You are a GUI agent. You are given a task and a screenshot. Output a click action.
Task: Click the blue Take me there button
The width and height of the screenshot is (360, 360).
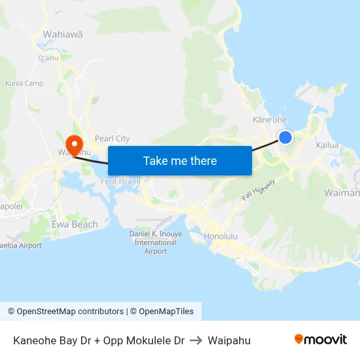pos(180,160)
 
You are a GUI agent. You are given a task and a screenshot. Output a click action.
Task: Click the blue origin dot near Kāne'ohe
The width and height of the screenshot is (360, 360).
pos(285,137)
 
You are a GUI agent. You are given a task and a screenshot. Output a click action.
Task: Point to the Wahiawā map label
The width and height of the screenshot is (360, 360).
pos(62,34)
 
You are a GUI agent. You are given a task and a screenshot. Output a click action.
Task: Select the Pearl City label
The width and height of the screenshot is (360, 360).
pos(113,139)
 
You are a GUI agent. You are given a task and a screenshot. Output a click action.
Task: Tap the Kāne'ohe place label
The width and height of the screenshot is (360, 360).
pos(270,120)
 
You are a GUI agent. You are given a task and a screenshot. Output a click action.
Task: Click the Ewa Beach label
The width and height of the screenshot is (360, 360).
pos(75,225)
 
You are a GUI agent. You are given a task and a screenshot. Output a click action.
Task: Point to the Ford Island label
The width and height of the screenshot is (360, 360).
pos(120,181)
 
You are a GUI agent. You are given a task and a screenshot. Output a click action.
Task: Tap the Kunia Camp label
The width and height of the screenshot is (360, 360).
pos(24,83)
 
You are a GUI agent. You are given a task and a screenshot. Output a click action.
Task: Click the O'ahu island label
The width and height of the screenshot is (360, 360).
pos(48,58)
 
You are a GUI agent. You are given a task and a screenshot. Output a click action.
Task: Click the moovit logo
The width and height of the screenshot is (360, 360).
pos(321,339)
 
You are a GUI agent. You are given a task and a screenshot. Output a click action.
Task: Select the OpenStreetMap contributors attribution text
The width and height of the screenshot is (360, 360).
pos(65,312)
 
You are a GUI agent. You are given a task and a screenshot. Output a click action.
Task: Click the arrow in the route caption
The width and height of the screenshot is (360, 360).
pos(196,340)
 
